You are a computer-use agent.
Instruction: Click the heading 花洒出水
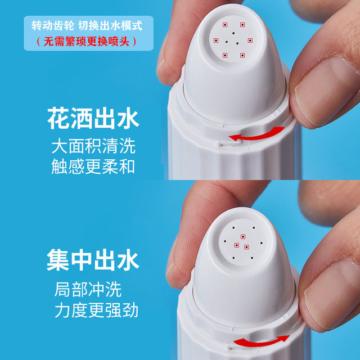click(x=93, y=120)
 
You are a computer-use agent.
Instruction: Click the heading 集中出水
click(x=93, y=260)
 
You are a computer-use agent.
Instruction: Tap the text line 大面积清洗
click(x=93, y=147)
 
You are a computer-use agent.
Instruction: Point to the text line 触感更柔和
click(x=93, y=167)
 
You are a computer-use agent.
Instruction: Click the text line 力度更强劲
click(x=96, y=310)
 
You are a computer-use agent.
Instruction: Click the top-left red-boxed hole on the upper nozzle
click(x=224, y=24)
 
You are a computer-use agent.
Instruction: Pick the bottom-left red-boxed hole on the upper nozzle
click(x=224, y=55)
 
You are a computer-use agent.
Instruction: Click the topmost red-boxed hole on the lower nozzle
click(x=242, y=236)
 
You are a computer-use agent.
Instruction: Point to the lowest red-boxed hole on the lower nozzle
click(x=246, y=247)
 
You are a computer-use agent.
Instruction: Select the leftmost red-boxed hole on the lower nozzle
click(x=236, y=245)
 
